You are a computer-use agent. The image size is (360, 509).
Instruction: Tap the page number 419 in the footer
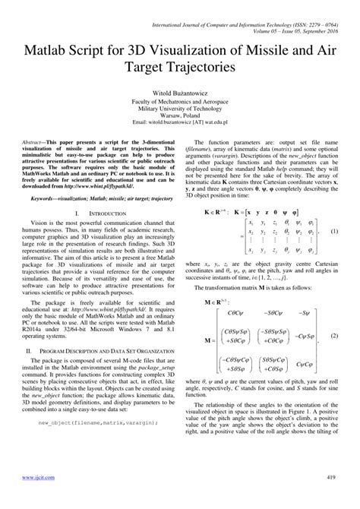331,498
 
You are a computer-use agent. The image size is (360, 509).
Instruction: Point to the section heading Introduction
101,213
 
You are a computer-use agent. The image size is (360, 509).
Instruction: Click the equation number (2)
333,314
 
